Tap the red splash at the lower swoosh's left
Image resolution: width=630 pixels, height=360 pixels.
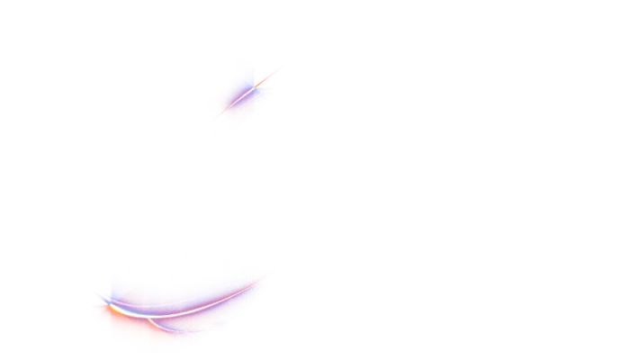click(103, 315)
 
